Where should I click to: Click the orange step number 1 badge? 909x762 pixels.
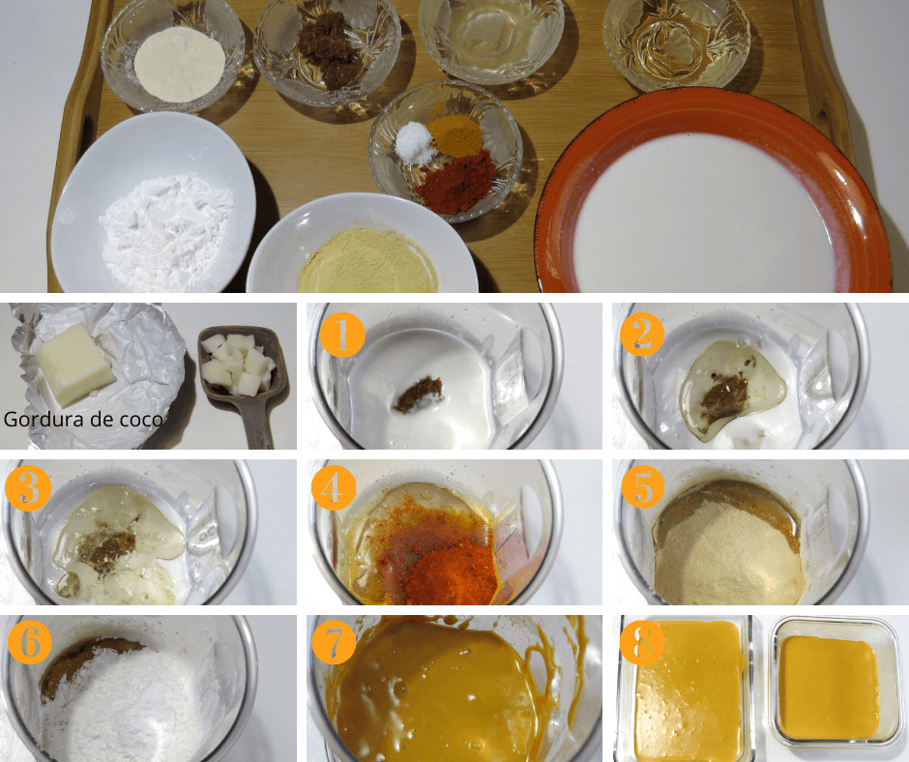pos(342,335)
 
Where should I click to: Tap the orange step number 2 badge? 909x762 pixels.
pos(642,335)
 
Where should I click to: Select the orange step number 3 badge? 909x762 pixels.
pos(28,488)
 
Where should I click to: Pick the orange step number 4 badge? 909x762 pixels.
pos(334,488)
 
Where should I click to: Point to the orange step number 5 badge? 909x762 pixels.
pos(643,487)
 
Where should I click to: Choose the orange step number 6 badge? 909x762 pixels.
pos(30,641)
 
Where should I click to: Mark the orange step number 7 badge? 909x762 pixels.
pos(334,642)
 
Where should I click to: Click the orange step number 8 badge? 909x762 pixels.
pos(642,642)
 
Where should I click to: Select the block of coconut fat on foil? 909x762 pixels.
pos(75,365)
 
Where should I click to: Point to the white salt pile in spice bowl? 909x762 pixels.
pos(415,144)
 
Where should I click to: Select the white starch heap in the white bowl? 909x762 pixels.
pos(167,232)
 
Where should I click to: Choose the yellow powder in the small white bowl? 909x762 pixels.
pos(367,263)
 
